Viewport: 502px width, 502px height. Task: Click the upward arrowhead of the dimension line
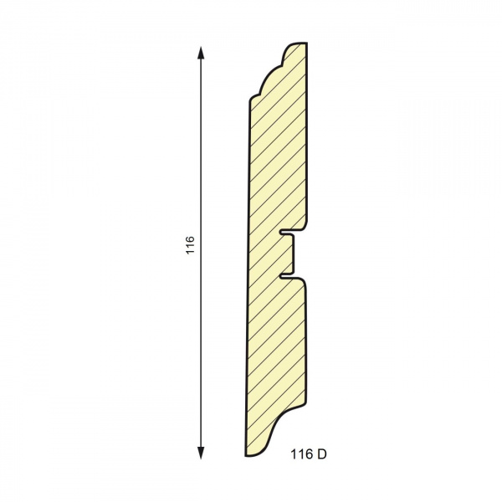pyautogui.click(x=202, y=52)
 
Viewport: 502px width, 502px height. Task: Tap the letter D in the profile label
pyautogui.click(x=322, y=455)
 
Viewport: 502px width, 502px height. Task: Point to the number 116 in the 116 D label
pyautogui.click(x=301, y=455)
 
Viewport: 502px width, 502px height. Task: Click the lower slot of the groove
pyautogui.click(x=289, y=274)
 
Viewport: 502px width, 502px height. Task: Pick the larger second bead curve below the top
pyautogui.click(x=265, y=79)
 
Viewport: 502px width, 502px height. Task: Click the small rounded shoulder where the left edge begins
pyautogui.click(x=251, y=99)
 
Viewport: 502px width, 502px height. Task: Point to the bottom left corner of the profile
pyautogui.click(x=247, y=455)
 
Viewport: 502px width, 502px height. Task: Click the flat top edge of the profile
pyautogui.click(x=299, y=44)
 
